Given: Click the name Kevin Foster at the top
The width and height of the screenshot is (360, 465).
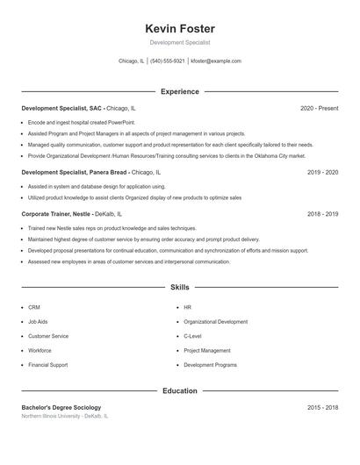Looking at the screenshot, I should tap(179, 29).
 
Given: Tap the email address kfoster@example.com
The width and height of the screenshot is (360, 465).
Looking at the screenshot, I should tap(215, 61).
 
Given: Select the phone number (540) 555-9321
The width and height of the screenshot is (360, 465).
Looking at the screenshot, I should tap(167, 61).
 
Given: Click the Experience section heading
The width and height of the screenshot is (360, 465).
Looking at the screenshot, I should tap(179, 91).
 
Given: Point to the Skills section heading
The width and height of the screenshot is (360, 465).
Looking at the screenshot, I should tap(179, 287).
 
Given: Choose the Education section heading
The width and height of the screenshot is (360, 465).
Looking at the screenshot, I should tap(179, 390).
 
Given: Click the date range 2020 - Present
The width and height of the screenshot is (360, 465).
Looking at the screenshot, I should tap(319, 109).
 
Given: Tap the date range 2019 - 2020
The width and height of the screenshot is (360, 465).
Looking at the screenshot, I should tap(322, 173).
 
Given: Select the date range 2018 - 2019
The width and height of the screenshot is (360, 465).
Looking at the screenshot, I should tap(322, 213).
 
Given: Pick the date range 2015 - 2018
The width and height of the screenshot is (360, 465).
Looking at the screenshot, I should tap(322, 408).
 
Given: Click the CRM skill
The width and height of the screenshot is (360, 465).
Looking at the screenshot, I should tap(34, 308).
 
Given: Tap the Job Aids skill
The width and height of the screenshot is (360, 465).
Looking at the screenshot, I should tap(39, 322).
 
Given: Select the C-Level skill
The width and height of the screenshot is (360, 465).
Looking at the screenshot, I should tap(192, 336).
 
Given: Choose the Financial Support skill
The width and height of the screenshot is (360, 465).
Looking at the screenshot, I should tap(47, 364).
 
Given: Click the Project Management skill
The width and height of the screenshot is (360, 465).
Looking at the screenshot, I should tap(206, 350).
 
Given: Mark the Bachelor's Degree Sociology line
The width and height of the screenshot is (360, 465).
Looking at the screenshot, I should tap(61, 408).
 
